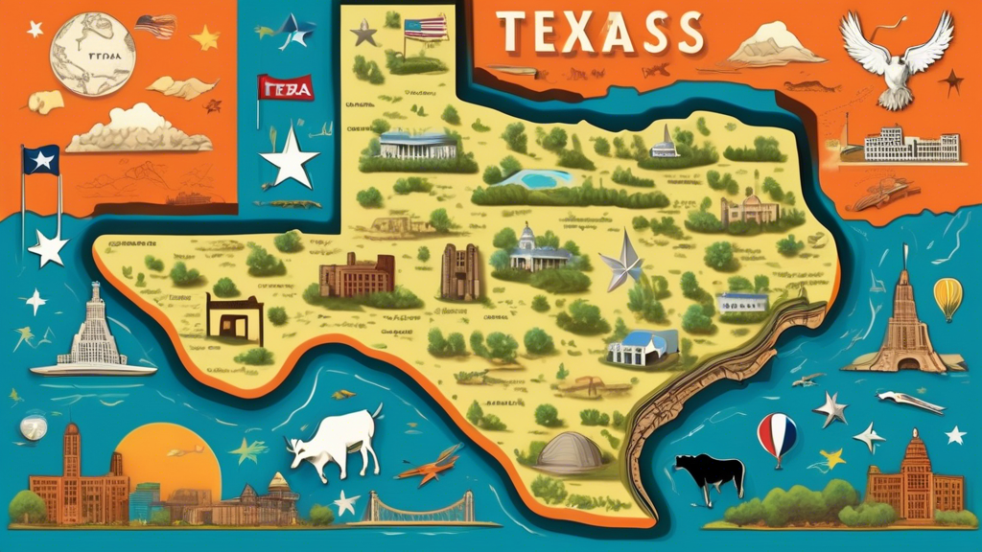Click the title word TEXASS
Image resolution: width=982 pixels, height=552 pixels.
(x=601, y=35)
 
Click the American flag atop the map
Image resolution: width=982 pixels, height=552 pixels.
(x=425, y=28)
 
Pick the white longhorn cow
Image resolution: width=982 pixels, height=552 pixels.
(x=336, y=443)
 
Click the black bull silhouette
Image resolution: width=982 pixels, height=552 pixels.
(x=710, y=473)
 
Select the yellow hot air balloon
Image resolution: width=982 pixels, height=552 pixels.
(x=947, y=297)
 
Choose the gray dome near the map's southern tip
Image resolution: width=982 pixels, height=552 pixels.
(x=568, y=450)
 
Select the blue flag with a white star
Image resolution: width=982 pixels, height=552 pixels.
(x=40, y=160)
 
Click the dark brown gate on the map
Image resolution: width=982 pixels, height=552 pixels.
(x=234, y=317)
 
